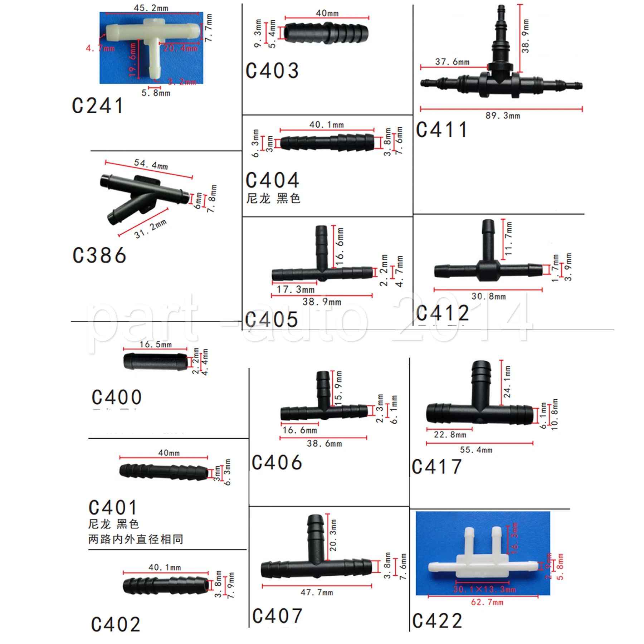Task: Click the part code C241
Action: coord(98,106)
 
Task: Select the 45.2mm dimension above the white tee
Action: coord(151,8)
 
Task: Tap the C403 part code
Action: coord(272,70)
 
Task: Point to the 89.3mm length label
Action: coord(503,116)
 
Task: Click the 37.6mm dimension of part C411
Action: coord(452,62)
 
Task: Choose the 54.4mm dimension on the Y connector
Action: coord(151,164)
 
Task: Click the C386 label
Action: coord(99,255)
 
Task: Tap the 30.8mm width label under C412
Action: coord(488,296)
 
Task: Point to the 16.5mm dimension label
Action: coord(155,345)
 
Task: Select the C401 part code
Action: coord(113,508)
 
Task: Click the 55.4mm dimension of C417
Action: coord(476,450)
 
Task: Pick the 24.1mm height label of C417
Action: coord(507,382)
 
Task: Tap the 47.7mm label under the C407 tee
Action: coord(317,592)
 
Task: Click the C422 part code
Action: coord(437,621)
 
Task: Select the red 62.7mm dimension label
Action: coord(487,602)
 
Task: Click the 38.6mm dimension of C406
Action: coord(324,444)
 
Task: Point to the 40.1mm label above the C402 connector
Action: coord(165,567)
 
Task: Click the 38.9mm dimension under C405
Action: coord(322,302)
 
